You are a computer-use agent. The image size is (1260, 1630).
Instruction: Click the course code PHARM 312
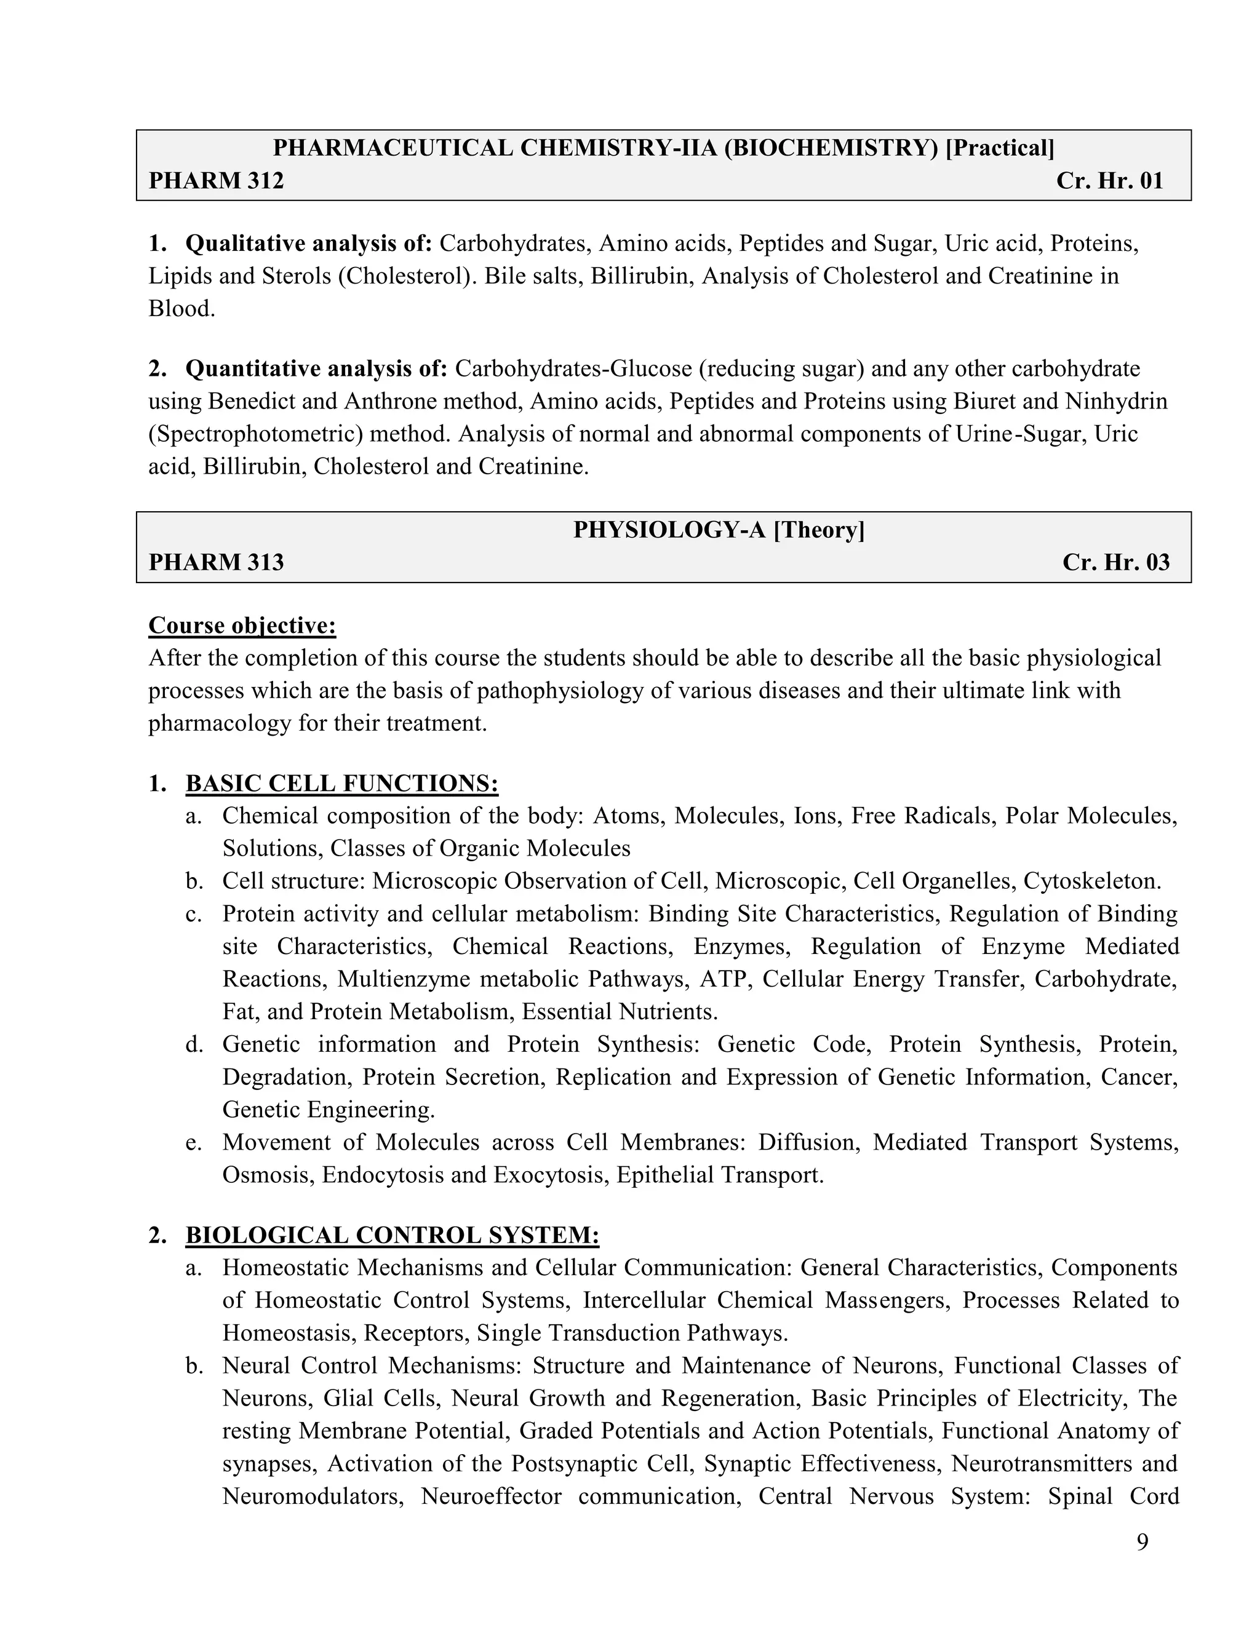click(216, 181)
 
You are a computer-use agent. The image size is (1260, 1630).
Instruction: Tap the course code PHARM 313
click(216, 562)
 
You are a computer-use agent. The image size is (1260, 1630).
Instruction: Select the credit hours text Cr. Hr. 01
click(1109, 181)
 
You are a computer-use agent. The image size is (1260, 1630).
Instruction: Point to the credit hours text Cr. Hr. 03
click(1115, 562)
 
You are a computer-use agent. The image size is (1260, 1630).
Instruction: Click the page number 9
click(1142, 1543)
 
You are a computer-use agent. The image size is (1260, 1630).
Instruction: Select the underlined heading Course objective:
click(242, 626)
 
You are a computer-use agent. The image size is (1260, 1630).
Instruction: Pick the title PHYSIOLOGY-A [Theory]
click(718, 530)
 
